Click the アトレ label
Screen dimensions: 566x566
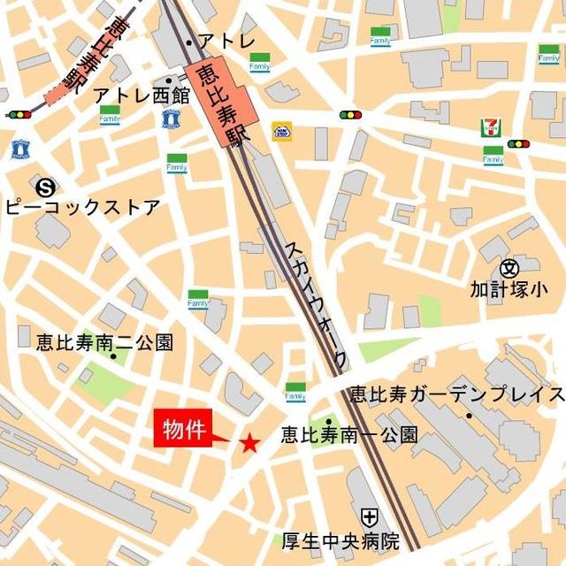226,41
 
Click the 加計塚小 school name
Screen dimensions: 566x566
509,289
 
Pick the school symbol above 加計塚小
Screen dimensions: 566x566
509,267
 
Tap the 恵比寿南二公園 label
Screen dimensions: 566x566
104,342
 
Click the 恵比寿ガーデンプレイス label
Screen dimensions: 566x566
456,394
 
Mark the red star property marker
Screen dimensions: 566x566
250,443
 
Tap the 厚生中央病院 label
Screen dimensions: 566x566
340,540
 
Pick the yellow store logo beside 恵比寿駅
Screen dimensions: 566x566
281,132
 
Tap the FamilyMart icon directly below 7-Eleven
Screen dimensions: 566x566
493,156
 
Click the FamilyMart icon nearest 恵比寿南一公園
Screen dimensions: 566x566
295,392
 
